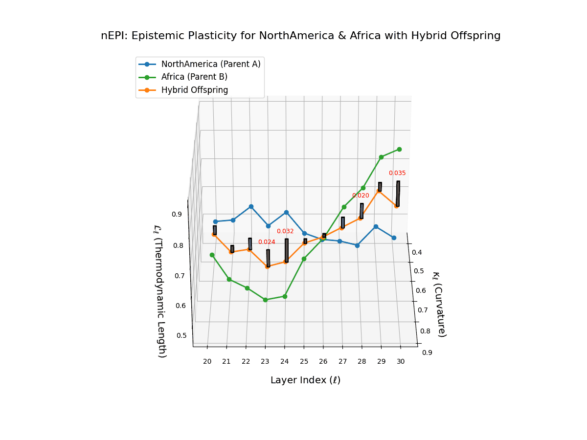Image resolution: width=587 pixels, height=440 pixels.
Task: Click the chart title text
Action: click(300, 36)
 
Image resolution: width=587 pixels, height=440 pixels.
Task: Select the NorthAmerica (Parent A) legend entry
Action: click(210, 64)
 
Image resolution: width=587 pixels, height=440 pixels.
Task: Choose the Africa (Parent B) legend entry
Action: click(194, 77)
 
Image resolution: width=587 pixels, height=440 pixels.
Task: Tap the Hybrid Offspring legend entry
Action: click(194, 90)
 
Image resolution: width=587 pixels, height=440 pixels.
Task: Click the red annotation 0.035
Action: click(397, 173)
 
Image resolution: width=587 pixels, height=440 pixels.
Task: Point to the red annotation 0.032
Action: click(285, 231)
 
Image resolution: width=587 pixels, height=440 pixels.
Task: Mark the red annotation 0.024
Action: click(267, 242)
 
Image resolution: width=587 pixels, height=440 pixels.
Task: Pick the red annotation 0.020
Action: click(361, 196)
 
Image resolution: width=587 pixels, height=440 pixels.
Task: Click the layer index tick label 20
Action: click(207, 361)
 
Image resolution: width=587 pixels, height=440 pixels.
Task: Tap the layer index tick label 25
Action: click(304, 361)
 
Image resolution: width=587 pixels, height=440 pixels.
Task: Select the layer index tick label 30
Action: click(401, 361)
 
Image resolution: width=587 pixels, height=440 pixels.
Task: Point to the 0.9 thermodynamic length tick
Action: click(177, 214)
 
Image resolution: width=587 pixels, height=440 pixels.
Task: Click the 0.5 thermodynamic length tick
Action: click(181, 335)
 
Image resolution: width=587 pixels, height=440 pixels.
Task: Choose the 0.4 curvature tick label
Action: click(417, 252)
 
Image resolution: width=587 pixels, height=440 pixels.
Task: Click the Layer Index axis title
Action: click(305, 380)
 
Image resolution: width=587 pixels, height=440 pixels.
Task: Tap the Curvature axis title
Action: click(439, 304)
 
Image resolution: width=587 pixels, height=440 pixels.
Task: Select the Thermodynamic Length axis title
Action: click(160, 291)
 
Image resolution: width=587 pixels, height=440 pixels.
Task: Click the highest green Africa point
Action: click(399, 150)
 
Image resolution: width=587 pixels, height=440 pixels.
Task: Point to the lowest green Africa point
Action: click(266, 300)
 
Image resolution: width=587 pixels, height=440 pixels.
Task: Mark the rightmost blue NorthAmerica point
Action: click(394, 238)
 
